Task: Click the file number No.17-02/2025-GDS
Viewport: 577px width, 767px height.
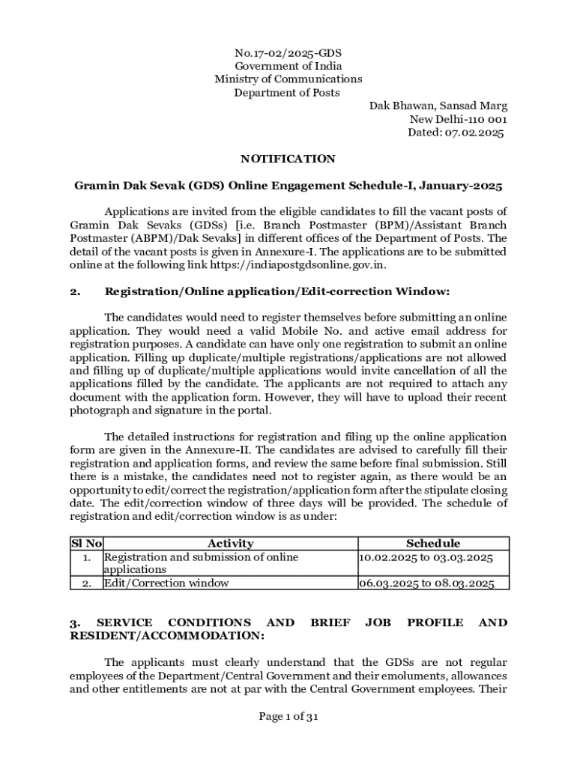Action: tap(288, 52)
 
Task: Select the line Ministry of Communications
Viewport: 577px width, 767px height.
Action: tap(288, 79)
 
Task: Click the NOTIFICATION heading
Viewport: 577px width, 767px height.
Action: tap(288, 159)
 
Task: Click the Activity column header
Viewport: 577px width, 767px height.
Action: tap(230, 544)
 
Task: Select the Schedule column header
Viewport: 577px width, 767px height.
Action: tap(433, 544)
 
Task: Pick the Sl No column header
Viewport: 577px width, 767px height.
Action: tap(86, 544)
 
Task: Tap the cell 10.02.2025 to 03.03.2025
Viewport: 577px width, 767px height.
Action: tap(426, 557)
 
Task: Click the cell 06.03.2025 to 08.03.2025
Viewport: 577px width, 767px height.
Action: tap(426, 583)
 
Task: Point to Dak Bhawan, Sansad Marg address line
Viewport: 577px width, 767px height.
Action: tap(438, 106)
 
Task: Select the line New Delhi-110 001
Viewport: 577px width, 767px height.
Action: tap(458, 119)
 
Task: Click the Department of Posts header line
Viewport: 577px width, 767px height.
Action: tap(287, 93)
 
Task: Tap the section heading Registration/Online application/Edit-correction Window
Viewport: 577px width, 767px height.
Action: tap(277, 291)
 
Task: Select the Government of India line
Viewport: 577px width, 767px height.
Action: tap(288, 66)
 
